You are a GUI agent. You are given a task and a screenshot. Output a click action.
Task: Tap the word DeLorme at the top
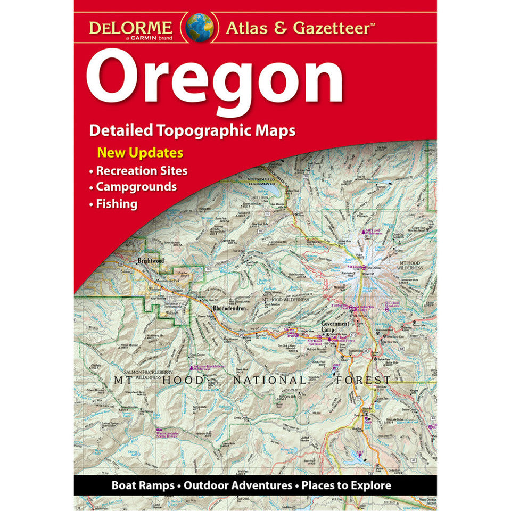click(130, 27)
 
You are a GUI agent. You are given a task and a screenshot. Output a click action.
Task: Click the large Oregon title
click(215, 80)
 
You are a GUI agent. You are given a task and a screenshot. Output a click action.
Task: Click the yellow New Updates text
click(140, 153)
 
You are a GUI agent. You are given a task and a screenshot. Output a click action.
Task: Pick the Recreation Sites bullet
click(141, 171)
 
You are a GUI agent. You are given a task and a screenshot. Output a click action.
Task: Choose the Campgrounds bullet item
click(136, 187)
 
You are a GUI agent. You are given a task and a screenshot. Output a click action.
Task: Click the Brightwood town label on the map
click(151, 261)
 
